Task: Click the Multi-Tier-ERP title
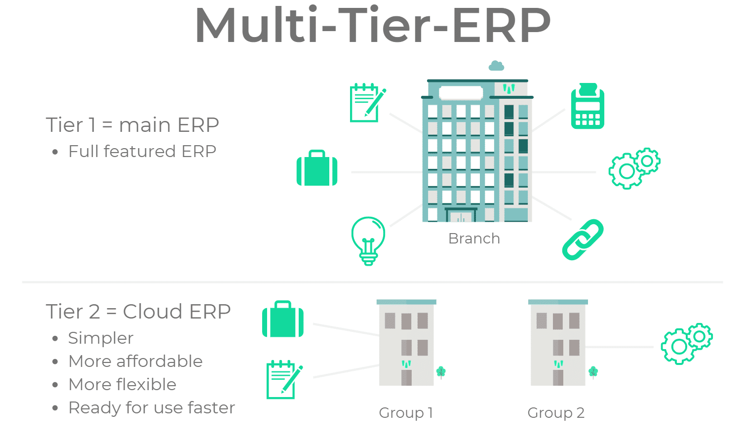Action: pyautogui.click(x=373, y=26)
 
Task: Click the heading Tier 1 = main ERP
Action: pyautogui.click(x=132, y=125)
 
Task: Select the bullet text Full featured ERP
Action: pyautogui.click(x=142, y=151)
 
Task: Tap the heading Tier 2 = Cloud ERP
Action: pyautogui.click(x=138, y=312)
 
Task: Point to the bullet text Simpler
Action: pyautogui.click(x=101, y=338)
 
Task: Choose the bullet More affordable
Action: pyautogui.click(x=135, y=361)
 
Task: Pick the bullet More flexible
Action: pyautogui.click(x=122, y=385)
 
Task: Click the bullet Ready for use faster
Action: pyautogui.click(x=152, y=408)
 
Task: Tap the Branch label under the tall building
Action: pyautogui.click(x=474, y=239)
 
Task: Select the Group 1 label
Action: pyautogui.click(x=406, y=412)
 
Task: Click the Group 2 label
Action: pyautogui.click(x=556, y=412)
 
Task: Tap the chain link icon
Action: pyautogui.click(x=583, y=240)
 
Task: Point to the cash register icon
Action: pyautogui.click(x=587, y=106)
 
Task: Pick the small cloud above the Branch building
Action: pyautogui.click(x=496, y=66)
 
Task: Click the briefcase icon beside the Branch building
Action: pyautogui.click(x=317, y=168)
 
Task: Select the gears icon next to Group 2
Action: pyautogui.click(x=686, y=344)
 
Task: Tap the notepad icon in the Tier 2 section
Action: pyautogui.click(x=284, y=379)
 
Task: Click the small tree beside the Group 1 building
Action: pyautogui.click(x=441, y=372)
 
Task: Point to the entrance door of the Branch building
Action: pyautogui.click(x=461, y=215)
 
